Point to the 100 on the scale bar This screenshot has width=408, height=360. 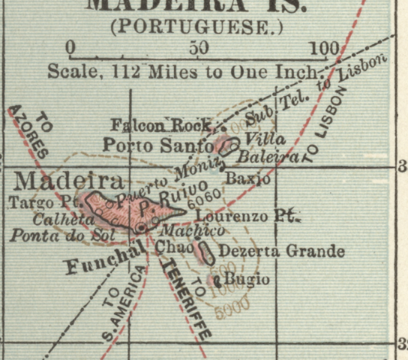324,49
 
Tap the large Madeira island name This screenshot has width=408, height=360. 68,181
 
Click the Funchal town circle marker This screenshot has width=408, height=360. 141,227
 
